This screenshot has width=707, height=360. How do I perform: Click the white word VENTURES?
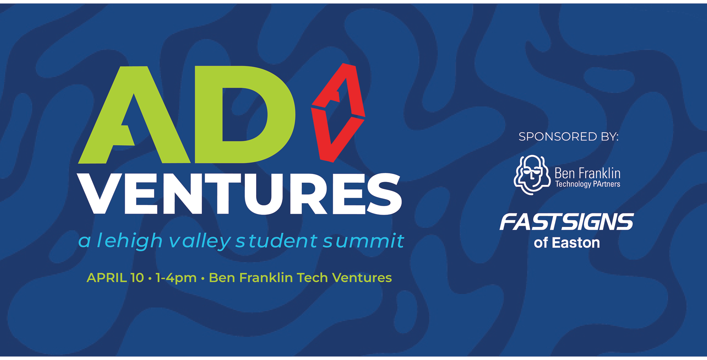click(x=240, y=194)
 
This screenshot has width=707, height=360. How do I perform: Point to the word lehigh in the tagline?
click(x=129, y=241)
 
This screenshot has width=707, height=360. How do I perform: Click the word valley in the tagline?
click(x=200, y=241)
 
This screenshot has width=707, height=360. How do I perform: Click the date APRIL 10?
click(x=115, y=278)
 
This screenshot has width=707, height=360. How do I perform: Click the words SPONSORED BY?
click(x=569, y=137)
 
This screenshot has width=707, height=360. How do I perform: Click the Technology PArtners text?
click(x=588, y=184)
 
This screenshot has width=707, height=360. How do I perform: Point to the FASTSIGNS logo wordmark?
click(x=567, y=222)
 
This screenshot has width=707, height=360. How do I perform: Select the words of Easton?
click(x=567, y=243)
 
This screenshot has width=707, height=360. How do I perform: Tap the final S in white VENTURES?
click(x=384, y=194)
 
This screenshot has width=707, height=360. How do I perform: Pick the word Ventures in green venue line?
click(x=362, y=278)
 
